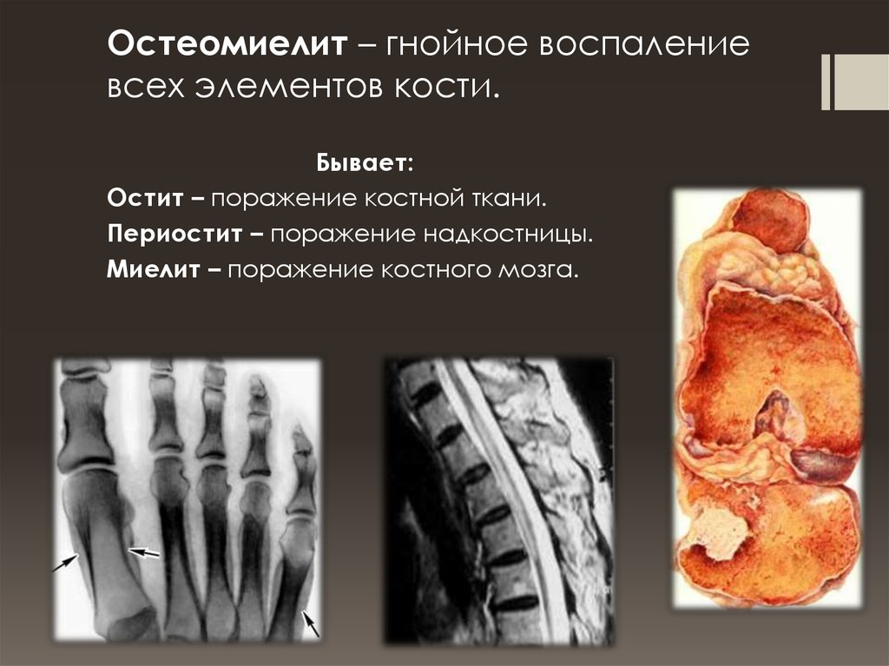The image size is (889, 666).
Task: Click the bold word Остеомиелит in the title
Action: click(227, 45)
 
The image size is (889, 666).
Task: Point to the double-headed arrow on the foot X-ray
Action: click(144, 551)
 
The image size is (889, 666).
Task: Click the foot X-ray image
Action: click(187, 499)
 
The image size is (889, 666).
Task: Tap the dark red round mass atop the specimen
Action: click(771, 220)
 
